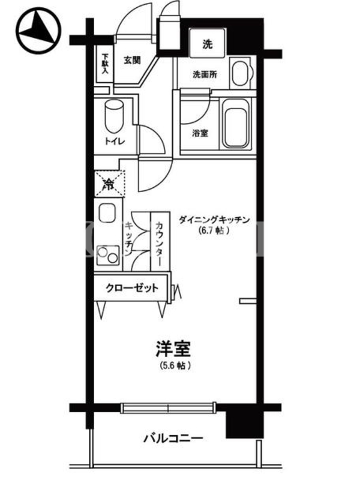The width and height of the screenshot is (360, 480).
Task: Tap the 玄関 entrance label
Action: click(x=132, y=61)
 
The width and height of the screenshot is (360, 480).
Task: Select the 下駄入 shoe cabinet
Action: click(x=105, y=64)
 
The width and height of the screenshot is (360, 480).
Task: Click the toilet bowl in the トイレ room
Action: click(x=114, y=115)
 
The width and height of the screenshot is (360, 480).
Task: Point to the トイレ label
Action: click(x=115, y=142)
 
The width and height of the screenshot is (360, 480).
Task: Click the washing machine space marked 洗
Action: click(x=208, y=43)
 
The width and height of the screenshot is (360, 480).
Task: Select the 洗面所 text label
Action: click(x=205, y=74)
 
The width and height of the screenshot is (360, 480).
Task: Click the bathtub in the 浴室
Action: click(x=235, y=124)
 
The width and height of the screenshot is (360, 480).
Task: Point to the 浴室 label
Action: click(x=200, y=133)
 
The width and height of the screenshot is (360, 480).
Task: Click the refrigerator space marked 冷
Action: click(x=109, y=184)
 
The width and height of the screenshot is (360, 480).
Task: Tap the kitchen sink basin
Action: click(x=107, y=213)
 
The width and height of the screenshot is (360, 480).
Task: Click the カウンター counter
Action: click(x=160, y=241)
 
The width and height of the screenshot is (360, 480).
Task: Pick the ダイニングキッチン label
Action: click(x=214, y=220)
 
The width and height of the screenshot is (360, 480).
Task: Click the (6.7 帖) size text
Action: click(x=214, y=230)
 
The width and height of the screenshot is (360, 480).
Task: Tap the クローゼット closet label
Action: click(x=132, y=288)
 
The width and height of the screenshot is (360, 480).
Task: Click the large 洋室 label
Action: click(x=173, y=349)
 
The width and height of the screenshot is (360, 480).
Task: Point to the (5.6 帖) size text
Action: click(x=175, y=365)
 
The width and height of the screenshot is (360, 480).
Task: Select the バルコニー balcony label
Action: click(x=173, y=439)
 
